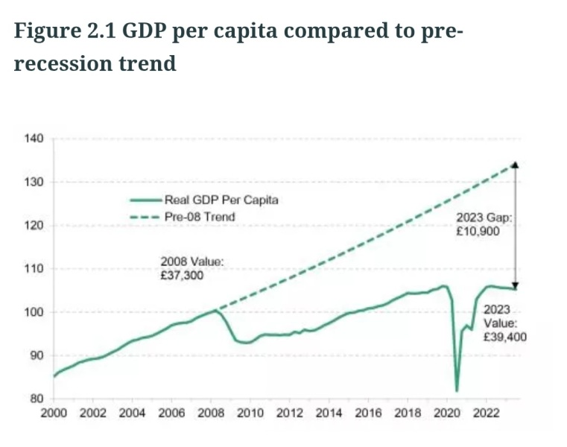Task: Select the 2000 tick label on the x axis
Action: click(54, 413)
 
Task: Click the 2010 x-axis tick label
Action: click(250, 413)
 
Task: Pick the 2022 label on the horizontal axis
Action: click(485, 413)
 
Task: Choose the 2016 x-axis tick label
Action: click(367, 413)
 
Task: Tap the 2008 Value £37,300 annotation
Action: click(191, 268)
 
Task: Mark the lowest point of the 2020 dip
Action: click(457, 390)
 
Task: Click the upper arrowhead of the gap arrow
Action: click(516, 165)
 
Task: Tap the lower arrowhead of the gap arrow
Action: click(516, 285)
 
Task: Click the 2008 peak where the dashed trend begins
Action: click(216, 310)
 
